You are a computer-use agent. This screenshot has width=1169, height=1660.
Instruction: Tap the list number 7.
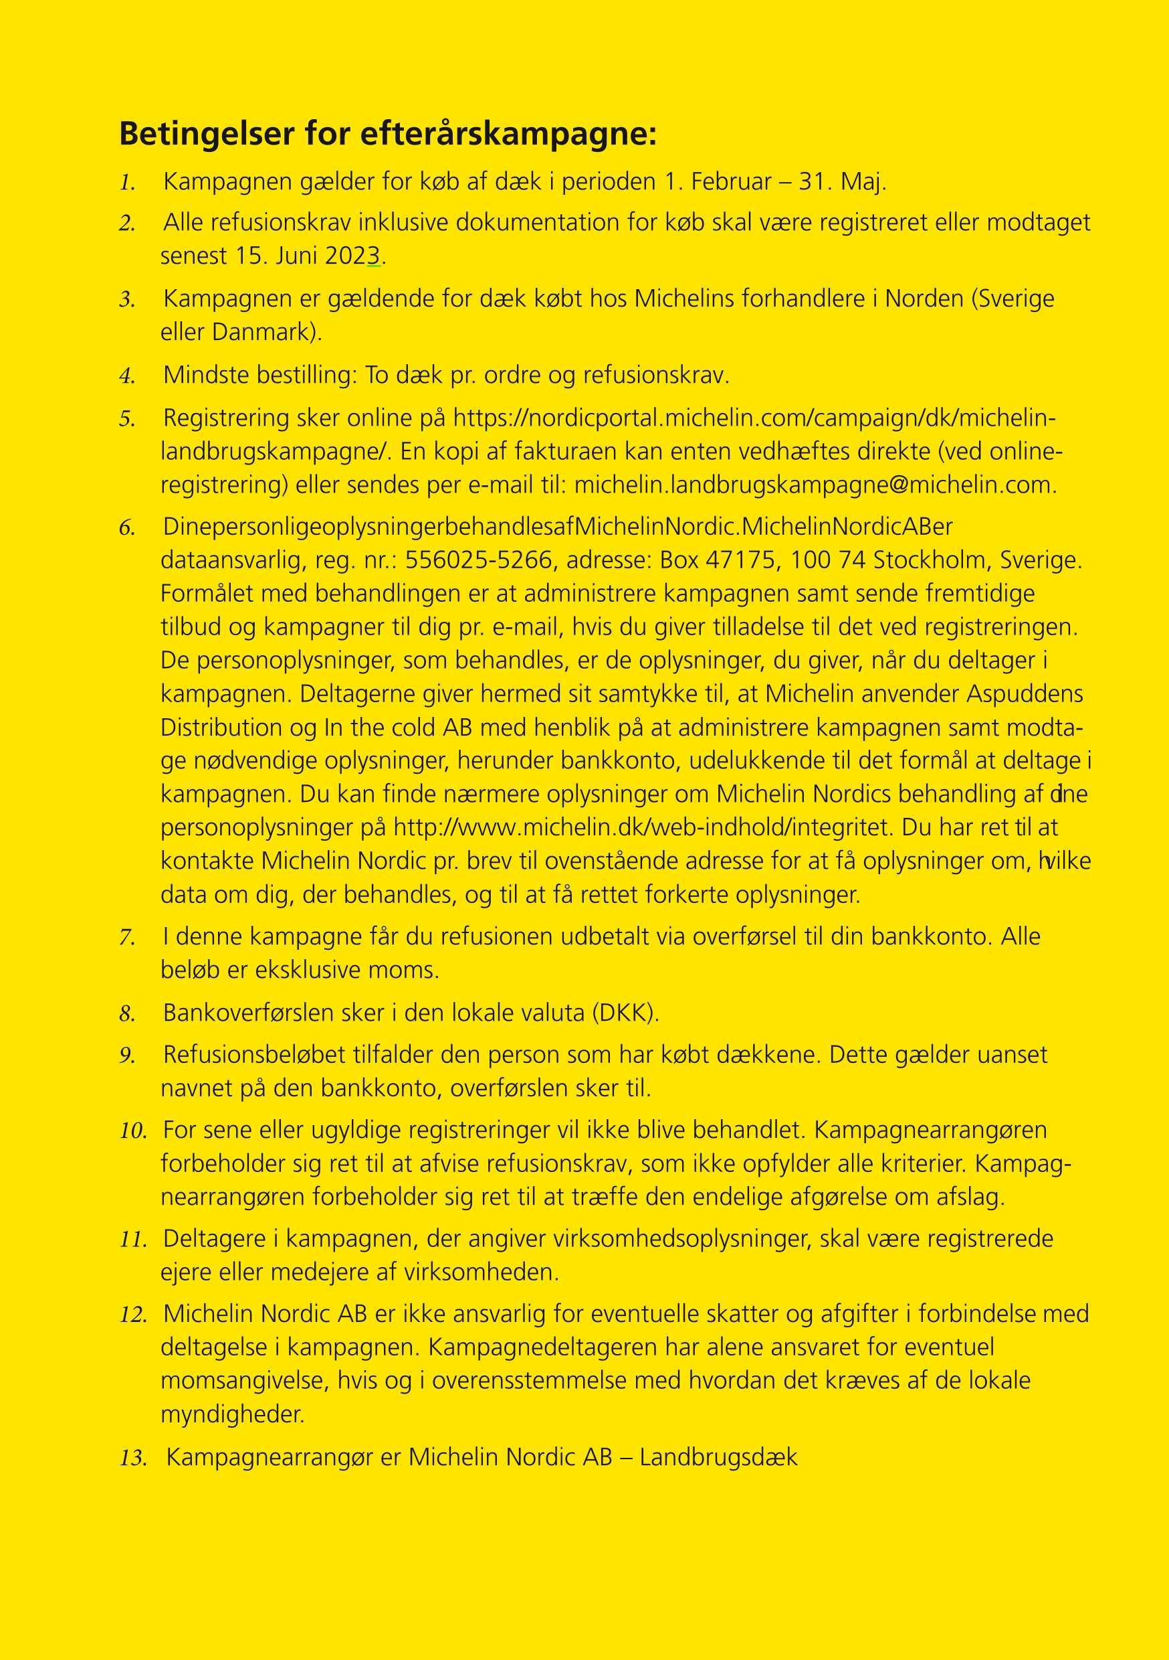[x=127, y=938]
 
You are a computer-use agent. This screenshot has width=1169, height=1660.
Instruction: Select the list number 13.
[x=133, y=1459]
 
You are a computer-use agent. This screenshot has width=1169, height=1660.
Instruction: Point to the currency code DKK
[x=623, y=1013]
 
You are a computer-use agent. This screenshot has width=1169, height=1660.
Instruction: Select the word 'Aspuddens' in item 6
[x=1025, y=694]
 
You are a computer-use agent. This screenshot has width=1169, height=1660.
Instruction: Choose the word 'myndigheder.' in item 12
[x=233, y=1414]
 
